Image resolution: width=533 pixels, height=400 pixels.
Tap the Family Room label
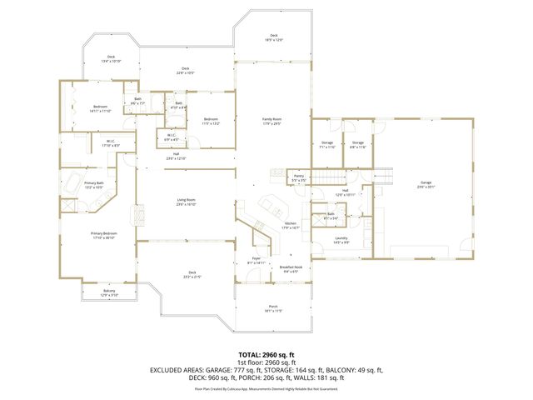click(272, 122)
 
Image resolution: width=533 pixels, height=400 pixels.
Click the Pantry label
click(298, 177)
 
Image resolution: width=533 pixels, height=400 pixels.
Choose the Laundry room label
click(341, 239)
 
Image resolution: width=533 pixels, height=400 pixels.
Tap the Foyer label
click(257, 260)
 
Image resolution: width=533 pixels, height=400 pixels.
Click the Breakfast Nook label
click(291, 268)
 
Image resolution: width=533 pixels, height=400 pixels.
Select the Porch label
click(273, 307)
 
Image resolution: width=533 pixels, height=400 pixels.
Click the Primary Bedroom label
click(103, 234)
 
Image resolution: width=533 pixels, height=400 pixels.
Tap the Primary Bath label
click(93, 184)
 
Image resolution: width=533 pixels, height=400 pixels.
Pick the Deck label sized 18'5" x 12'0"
click(273, 37)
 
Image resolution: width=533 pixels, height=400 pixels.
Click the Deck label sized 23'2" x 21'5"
click(192, 273)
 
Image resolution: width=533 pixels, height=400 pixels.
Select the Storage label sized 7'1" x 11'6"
click(327, 144)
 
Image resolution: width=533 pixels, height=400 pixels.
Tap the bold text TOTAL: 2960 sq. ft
click(266, 354)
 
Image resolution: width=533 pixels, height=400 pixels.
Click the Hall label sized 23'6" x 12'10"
click(176, 156)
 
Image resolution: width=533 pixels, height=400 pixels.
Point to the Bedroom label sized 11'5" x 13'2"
click(211, 121)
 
